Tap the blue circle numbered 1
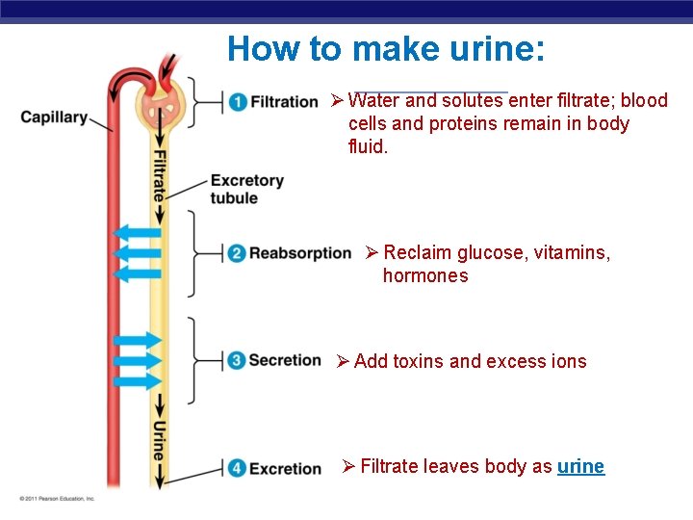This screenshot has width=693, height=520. tap(237, 101)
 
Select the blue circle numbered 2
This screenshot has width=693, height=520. tap(237, 254)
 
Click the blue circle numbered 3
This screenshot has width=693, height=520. tap(237, 361)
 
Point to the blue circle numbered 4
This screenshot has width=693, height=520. tap(237, 469)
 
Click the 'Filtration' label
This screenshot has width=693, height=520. tap(284, 101)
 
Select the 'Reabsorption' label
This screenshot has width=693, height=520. tap(300, 253)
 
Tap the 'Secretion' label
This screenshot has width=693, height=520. tap(285, 360)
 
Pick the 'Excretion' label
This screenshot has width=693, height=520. tap(285, 469)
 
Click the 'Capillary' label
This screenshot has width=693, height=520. tap(53, 117)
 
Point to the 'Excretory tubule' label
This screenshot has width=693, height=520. tap(246, 189)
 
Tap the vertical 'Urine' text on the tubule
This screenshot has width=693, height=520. tap(160, 438)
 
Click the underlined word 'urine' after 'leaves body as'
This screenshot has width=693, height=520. tap(580, 467)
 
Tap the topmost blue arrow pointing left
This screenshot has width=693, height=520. tap(137, 233)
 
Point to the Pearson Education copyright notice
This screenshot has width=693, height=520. tap(57, 498)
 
